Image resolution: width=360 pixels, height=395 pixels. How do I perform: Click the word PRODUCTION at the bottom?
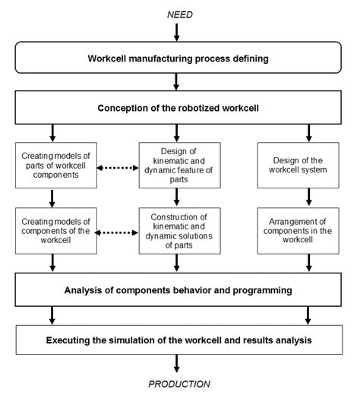click(x=179, y=384)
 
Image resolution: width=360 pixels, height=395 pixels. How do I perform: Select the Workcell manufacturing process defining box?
click(x=179, y=58)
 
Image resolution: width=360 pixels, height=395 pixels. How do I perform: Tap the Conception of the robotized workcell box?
click(x=179, y=108)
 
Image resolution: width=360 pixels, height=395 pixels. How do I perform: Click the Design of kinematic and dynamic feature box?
click(x=179, y=164)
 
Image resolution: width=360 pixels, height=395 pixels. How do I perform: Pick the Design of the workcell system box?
click(x=307, y=164)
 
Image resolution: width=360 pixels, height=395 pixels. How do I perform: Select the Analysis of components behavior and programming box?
click(x=179, y=290)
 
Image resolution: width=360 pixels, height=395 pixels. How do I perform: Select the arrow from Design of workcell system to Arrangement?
click(x=307, y=196)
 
